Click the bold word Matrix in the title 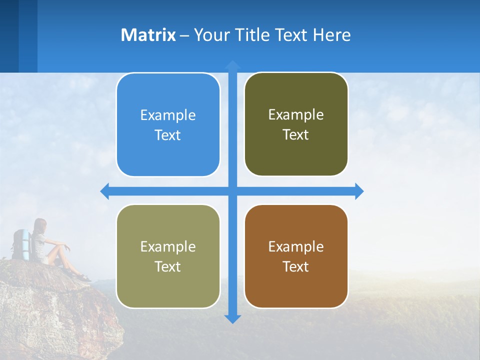pos(148,35)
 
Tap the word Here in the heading pos(332,35)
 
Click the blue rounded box pos(168,125)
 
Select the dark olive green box pos(296,124)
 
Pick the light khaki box pos(168,256)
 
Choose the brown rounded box pos(296,256)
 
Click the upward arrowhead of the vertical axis pos(232,64)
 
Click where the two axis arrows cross pos(232,191)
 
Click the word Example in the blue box pos(168,115)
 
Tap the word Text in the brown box pos(295,266)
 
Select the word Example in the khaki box pos(168,247)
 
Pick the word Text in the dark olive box pos(295,134)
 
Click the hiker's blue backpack pos(21,244)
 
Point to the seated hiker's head pos(40,225)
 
